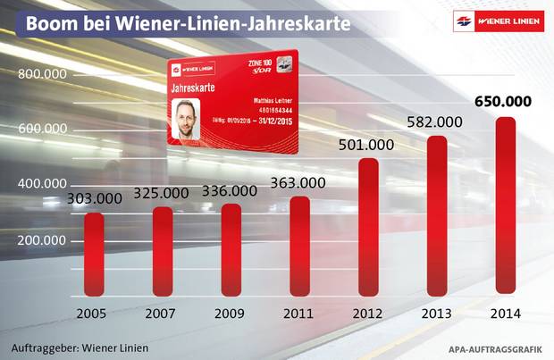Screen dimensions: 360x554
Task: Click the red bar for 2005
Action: [94, 255]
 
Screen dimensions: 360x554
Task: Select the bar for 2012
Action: [368, 228]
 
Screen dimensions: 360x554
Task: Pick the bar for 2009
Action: [231, 250]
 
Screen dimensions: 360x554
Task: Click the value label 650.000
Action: [504, 101]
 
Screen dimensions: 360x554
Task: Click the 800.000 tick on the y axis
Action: [44, 75]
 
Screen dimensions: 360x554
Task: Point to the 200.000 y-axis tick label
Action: [44, 242]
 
